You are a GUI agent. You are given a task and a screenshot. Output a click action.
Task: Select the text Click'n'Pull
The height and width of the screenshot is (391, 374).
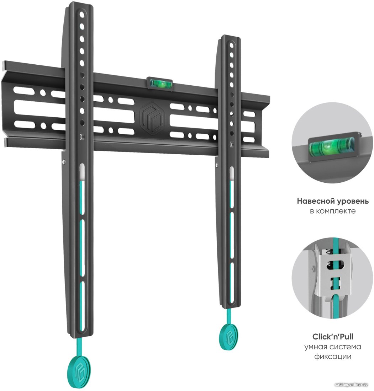coord(333,337)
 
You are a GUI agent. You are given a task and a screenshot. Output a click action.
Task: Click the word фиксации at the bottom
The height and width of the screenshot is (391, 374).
coord(333,357)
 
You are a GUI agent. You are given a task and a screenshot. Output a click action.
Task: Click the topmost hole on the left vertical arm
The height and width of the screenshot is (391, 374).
coord(82,15)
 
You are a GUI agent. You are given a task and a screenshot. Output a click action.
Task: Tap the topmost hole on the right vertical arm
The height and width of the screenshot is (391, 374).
coord(231,45)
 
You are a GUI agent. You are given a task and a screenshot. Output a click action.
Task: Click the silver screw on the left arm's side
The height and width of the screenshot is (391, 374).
coord(64,162)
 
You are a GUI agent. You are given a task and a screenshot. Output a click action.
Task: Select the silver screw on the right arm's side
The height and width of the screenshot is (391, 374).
coord(217,165)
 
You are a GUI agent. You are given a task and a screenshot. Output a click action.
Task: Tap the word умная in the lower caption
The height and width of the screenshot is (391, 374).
coord(315,347)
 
